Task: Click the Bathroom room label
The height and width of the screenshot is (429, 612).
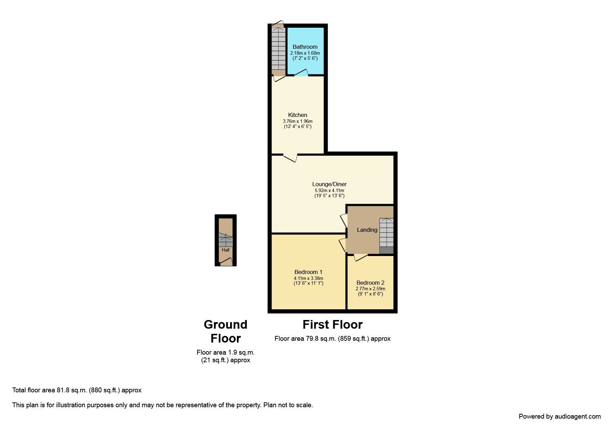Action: point(305,47)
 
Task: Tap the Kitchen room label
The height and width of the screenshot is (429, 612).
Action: point(298,115)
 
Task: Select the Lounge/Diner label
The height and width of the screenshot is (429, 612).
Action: point(329,184)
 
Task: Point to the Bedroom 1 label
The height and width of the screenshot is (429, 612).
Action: point(308,272)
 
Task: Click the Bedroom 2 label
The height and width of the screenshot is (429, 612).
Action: point(370,283)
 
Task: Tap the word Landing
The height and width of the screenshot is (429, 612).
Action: point(367,230)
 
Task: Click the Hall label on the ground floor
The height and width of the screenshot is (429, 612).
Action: point(226,250)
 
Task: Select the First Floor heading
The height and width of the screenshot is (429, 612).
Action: point(332,325)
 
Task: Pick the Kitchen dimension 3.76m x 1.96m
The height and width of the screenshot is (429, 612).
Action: point(298,121)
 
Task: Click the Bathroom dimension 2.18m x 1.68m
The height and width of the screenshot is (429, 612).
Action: point(305,53)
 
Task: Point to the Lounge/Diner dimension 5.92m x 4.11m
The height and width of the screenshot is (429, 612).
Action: point(329,191)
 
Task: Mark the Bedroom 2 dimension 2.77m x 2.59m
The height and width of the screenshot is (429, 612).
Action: point(370,289)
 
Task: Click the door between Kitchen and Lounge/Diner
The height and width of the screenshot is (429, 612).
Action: point(290,157)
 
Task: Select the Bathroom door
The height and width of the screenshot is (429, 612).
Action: point(301,73)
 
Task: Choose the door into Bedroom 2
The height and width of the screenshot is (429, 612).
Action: point(360,257)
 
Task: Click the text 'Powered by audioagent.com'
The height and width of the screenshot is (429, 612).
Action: point(560,417)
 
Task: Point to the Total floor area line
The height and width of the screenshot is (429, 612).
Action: point(77,390)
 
